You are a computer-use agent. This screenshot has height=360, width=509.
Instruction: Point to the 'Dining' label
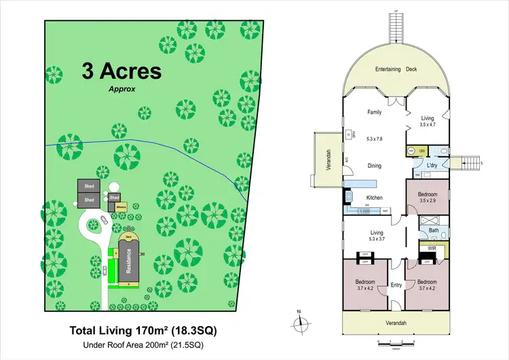(375, 165)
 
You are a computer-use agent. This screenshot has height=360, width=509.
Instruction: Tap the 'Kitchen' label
(375, 198)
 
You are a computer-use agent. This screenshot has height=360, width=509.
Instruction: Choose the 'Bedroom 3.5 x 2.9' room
(428, 197)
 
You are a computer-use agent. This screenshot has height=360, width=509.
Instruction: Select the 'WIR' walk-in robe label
(432, 249)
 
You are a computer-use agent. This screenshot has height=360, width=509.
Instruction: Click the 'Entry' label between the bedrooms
(397, 285)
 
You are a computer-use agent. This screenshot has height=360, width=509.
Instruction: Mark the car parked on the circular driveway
(102, 219)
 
